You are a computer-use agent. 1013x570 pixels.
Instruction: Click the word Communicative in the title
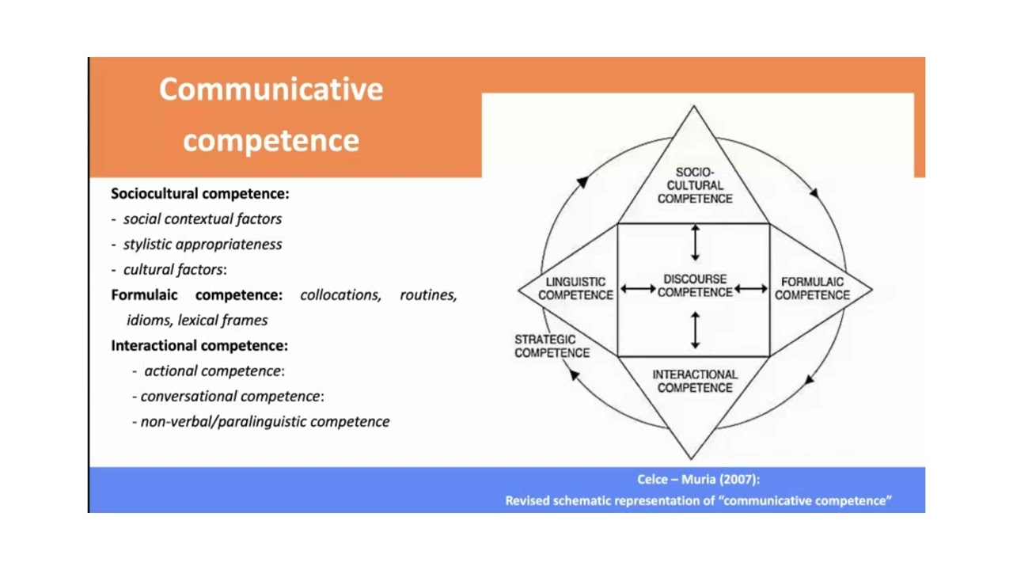(x=271, y=89)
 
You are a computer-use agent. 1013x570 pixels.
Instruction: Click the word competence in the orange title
(x=271, y=140)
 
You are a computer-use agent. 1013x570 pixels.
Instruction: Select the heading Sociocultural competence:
(x=200, y=193)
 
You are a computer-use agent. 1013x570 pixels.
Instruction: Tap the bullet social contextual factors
(x=202, y=218)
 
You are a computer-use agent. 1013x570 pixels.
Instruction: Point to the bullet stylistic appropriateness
(x=202, y=244)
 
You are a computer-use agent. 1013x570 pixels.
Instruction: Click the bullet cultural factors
(x=173, y=269)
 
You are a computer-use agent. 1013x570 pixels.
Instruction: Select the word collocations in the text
(x=340, y=294)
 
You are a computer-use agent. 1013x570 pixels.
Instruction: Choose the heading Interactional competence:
(x=199, y=345)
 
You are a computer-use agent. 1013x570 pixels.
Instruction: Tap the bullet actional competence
(x=212, y=370)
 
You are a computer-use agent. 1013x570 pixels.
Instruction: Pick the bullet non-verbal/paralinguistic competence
(x=264, y=421)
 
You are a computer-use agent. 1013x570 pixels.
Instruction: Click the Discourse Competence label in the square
(x=695, y=286)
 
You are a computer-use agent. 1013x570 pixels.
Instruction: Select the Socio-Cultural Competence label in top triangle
(x=695, y=185)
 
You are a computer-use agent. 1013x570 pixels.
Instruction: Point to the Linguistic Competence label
(x=575, y=288)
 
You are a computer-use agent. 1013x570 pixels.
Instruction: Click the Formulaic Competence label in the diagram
(x=812, y=288)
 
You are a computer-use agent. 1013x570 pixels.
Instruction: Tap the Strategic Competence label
(x=552, y=346)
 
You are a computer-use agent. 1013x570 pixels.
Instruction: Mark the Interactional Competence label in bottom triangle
(x=695, y=381)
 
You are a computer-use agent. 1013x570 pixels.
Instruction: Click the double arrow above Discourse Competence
(x=695, y=242)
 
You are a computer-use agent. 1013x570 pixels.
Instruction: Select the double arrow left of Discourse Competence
(x=638, y=289)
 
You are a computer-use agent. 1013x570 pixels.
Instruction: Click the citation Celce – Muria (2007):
(x=698, y=479)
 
